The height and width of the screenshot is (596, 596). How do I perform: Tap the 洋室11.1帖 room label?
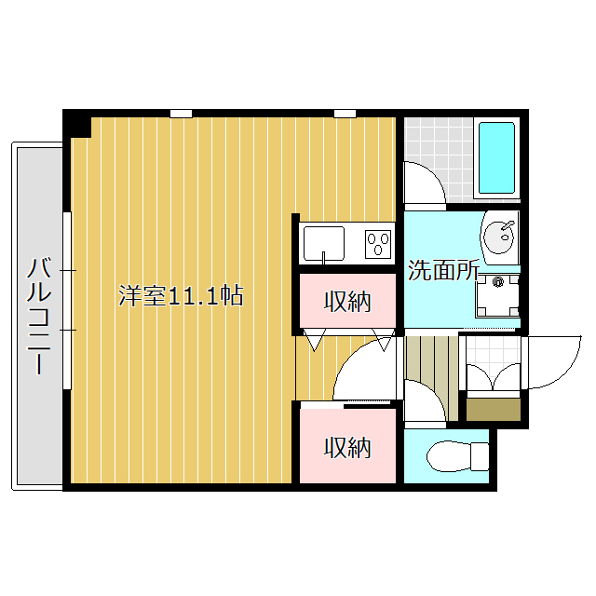(x=182, y=297)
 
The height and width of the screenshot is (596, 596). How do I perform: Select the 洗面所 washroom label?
(x=444, y=271)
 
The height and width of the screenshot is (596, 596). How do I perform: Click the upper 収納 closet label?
(x=347, y=301)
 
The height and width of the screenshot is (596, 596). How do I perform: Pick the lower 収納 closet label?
(x=347, y=448)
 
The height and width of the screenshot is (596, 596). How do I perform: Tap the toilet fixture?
(x=456, y=456)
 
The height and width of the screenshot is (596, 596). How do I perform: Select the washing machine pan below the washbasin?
(x=497, y=296)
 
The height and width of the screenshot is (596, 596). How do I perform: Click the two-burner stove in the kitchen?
(x=378, y=245)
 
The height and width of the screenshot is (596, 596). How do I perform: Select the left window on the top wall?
(x=181, y=114)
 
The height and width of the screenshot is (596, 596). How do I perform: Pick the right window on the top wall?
(x=345, y=114)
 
